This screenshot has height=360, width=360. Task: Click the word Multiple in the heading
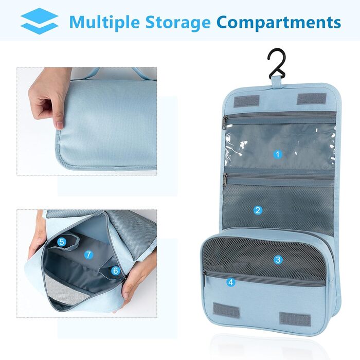click(x=104, y=23)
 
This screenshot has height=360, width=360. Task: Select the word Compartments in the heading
click(x=279, y=23)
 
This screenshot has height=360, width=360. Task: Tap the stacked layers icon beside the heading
click(x=39, y=21)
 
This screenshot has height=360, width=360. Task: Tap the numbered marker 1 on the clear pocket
click(x=278, y=154)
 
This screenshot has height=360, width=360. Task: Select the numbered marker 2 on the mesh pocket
click(x=258, y=210)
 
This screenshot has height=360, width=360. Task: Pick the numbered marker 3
click(x=278, y=260)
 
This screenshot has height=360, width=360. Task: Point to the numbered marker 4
click(x=231, y=282)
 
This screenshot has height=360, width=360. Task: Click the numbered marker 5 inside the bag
click(x=62, y=242)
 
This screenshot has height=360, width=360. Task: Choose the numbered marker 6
click(x=116, y=271)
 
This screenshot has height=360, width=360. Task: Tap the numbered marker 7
click(x=88, y=255)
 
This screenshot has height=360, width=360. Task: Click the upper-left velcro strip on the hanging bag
click(x=246, y=101)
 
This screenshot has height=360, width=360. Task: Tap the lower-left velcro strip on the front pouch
click(x=226, y=310)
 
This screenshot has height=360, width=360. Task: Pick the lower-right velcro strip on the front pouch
click(x=295, y=319)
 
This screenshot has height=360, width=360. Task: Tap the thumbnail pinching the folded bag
click(x=59, y=124)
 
